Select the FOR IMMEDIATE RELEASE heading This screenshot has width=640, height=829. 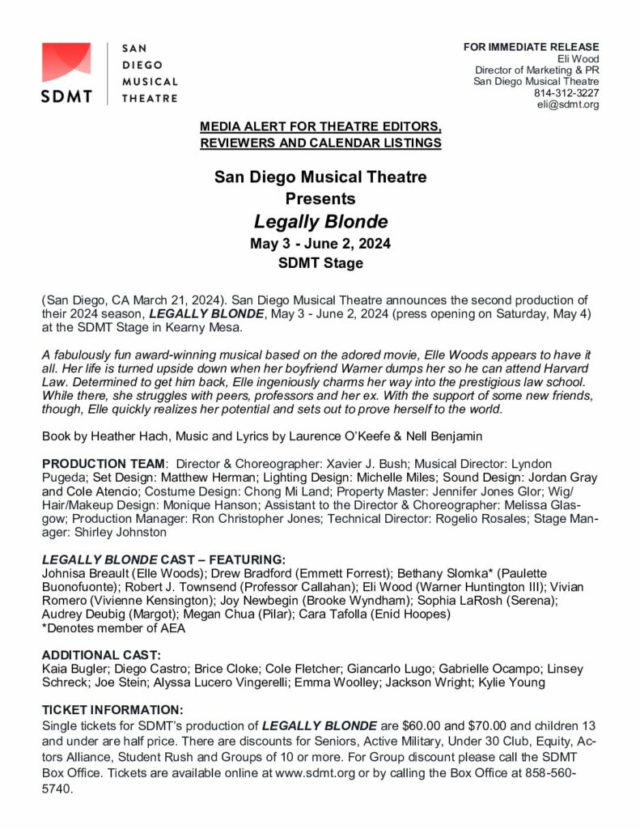(531, 47)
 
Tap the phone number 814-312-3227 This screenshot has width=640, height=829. (566, 93)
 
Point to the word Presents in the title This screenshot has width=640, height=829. (320, 198)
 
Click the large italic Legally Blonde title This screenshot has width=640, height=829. (320, 221)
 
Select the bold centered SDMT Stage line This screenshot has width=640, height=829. (320, 263)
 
